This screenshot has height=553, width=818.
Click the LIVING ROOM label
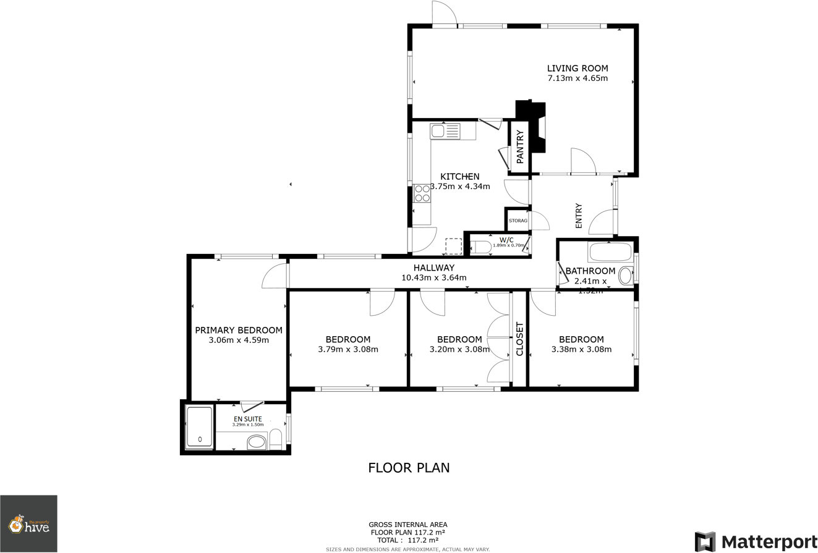pyautogui.click(x=577, y=69)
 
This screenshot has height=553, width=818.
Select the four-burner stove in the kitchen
pyautogui.click(x=422, y=193)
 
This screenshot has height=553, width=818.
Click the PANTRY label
pyautogui.click(x=520, y=146)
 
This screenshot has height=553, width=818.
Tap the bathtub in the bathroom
pyautogui.click(x=610, y=252)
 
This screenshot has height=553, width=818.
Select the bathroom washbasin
pyautogui.click(x=626, y=275)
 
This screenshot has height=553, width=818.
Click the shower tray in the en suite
pyautogui.click(x=199, y=427)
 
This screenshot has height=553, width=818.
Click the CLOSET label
pyautogui.click(x=519, y=340)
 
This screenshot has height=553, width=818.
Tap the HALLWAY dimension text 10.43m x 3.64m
pyautogui.click(x=433, y=277)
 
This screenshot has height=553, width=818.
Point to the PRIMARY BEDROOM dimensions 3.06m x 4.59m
pyautogui.click(x=239, y=340)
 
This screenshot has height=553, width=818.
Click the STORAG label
pyautogui.click(x=518, y=221)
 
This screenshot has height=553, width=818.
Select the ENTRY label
pyautogui.click(x=579, y=216)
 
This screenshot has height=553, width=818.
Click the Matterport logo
pyautogui.click(x=755, y=541)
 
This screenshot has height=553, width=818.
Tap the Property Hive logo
pyautogui.click(x=28, y=524)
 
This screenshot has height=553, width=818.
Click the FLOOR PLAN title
pyautogui.click(x=409, y=468)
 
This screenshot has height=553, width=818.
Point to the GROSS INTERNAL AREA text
pyautogui.click(x=407, y=525)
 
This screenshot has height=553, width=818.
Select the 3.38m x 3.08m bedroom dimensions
pyautogui.click(x=581, y=349)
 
